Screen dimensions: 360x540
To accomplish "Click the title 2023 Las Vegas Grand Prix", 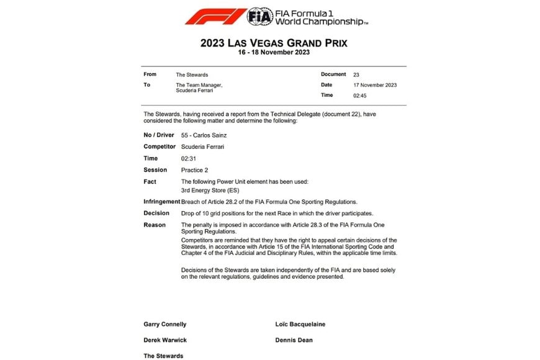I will pyautogui.click(x=274, y=43).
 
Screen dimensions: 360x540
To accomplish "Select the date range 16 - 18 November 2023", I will pyautogui.click(x=274, y=53).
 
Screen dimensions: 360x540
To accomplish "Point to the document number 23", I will pyautogui.click(x=356, y=74).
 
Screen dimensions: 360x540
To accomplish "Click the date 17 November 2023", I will pyautogui.click(x=375, y=85).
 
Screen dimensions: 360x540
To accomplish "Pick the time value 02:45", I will pyautogui.click(x=360, y=96).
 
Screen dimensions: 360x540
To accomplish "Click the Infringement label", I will pyautogui.click(x=161, y=202).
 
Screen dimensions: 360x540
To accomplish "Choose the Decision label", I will pyautogui.click(x=156, y=213).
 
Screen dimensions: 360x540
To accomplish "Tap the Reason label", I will pyautogui.click(x=155, y=225).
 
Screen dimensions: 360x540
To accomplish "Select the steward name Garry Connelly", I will pyautogui.click(x=165, y=324).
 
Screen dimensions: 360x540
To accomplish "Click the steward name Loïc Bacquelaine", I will pyautogui.click(x=300, y=324).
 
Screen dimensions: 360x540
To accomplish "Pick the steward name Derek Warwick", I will pyautogui.click(x=164, y=340).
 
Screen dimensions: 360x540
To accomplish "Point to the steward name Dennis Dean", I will pyautogui.click(x=294, y=340).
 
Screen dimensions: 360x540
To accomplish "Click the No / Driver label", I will pyautogui.click(x=159, y=135).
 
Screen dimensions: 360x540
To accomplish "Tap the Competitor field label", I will pyautogui.click(x=160, y=146).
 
